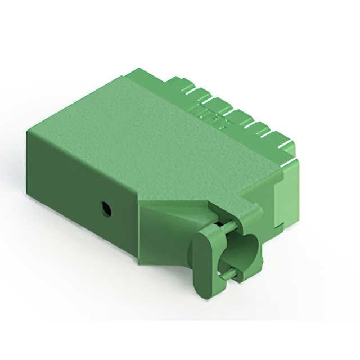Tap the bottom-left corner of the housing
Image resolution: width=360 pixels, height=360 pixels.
(28, 195)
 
